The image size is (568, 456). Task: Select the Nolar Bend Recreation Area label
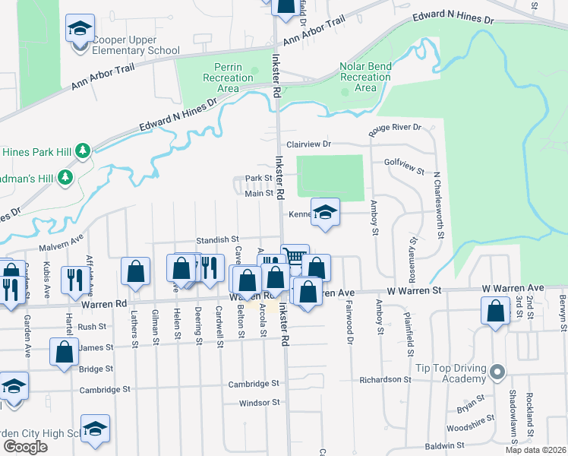pos(365,77)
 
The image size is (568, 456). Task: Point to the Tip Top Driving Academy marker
pos(497,372)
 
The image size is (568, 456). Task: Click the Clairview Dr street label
pos(309,144)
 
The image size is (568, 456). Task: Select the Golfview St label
pos(404,162)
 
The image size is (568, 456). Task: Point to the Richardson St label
pos(385,378)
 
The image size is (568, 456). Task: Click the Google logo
pos(25,447)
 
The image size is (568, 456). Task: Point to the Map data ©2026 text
pos(536,450)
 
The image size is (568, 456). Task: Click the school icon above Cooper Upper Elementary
pos(79,30)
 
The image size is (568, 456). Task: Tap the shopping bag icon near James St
pos(65,352)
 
